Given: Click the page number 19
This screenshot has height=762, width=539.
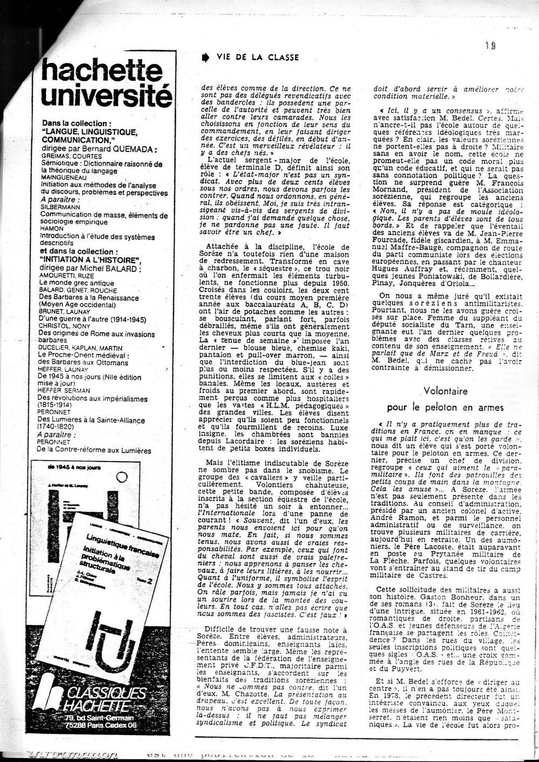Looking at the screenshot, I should (x=489, y=46).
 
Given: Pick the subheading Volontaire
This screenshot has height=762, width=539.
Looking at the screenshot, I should (x=445, y=391).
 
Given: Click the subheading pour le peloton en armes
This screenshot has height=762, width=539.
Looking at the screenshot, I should (x=445, y=408).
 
